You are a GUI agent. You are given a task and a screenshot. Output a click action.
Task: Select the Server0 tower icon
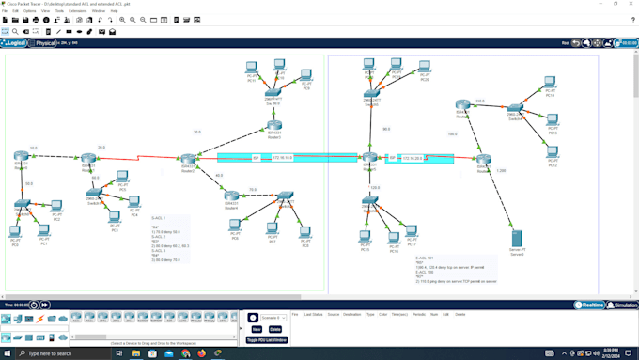517,237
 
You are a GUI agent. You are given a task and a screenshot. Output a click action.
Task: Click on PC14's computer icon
551,84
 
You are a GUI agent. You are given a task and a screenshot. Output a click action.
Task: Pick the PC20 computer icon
425,68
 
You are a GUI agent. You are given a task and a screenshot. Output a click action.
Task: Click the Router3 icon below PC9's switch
274,122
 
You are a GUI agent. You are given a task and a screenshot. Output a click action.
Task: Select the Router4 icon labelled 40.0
231,195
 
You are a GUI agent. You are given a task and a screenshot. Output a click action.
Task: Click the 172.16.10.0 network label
282,158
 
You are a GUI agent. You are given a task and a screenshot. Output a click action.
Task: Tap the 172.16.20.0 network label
413,158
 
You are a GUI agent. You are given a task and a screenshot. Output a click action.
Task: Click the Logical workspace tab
14,43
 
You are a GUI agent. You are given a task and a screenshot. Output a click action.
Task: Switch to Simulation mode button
623,305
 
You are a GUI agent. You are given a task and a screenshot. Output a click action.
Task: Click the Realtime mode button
591,305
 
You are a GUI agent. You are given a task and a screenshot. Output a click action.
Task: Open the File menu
5,11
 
